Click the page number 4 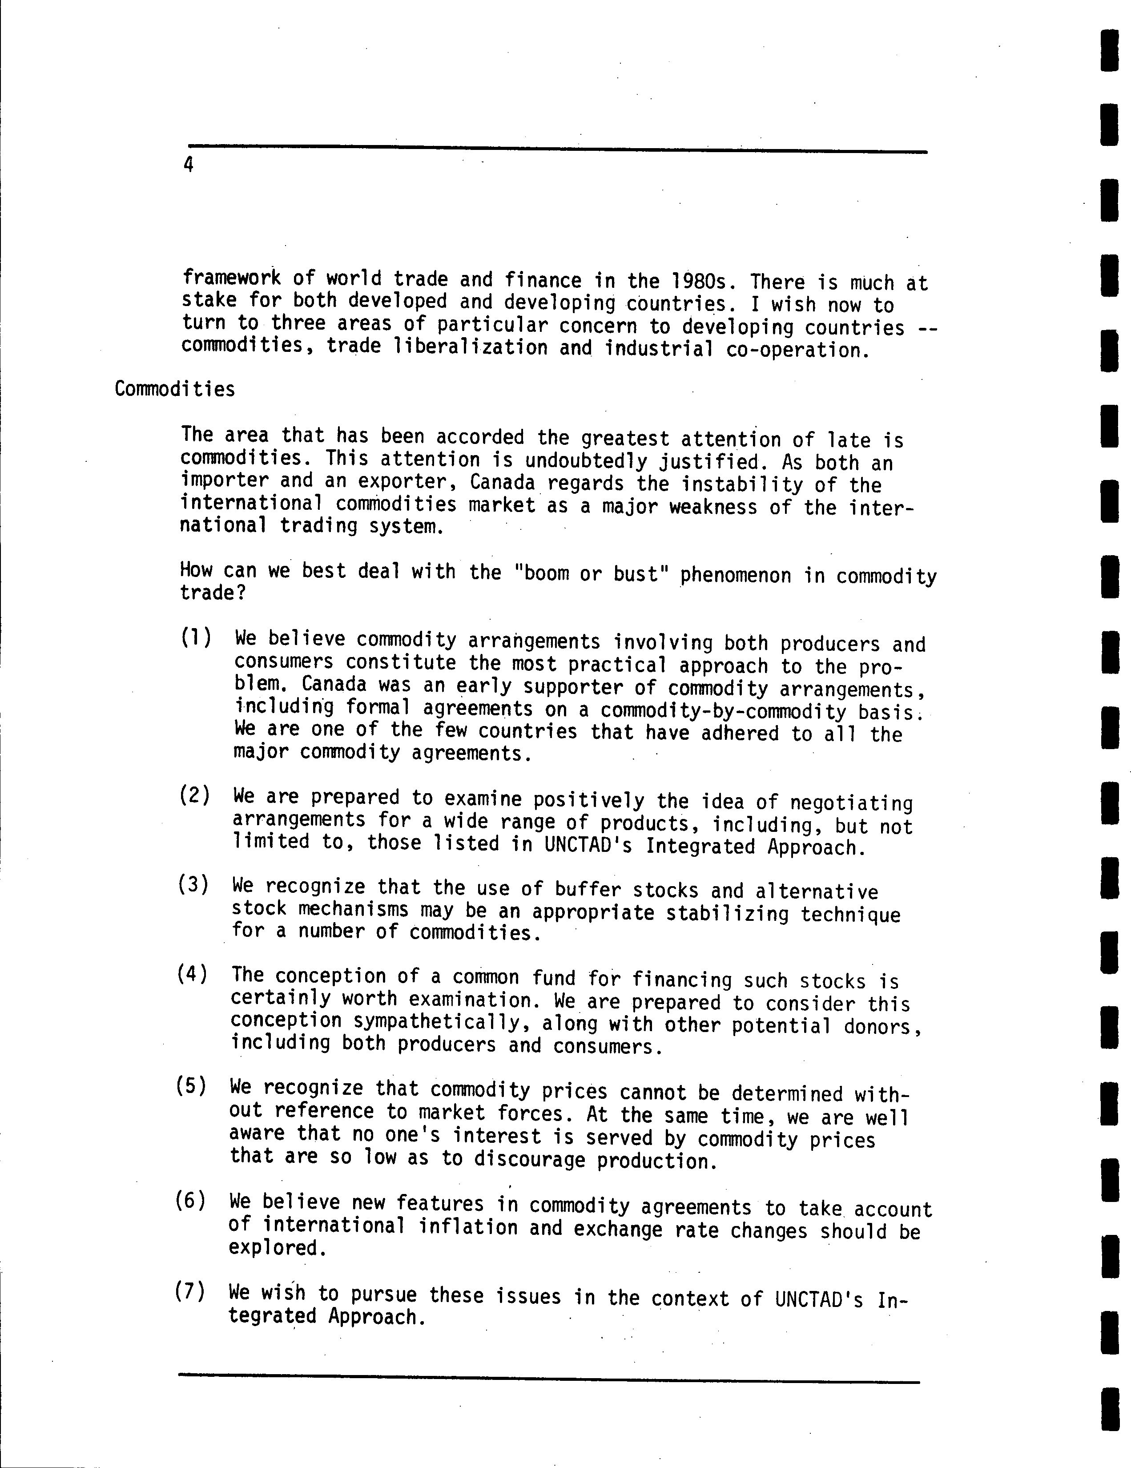pyautogui.click(x=188, y=165)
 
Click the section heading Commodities pyautogui.click(x=175, y=389)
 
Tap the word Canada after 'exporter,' pyautogui.click(x=502, y=483)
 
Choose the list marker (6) pyautogui.click(x=191, y=1200)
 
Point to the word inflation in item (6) pyautogui.click(x=468, y=1227)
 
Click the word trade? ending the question pyautogui.click(x=213, y=593)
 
